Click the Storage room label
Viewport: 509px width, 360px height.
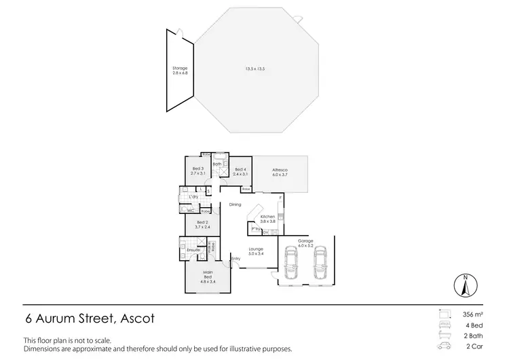(179, 68)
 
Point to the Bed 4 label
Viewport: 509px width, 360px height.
(240, 169)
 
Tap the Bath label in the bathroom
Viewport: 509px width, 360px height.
(217, 164)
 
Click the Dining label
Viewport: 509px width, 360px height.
(235, 204)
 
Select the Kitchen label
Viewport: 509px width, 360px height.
(267, 216)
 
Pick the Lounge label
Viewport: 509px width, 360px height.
(255, 249)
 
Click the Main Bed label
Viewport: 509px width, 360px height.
(209, 274)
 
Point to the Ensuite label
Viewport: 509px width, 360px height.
(194, 249)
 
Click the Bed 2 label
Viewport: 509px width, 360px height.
(202, 222)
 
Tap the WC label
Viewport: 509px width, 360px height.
(191, 211)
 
